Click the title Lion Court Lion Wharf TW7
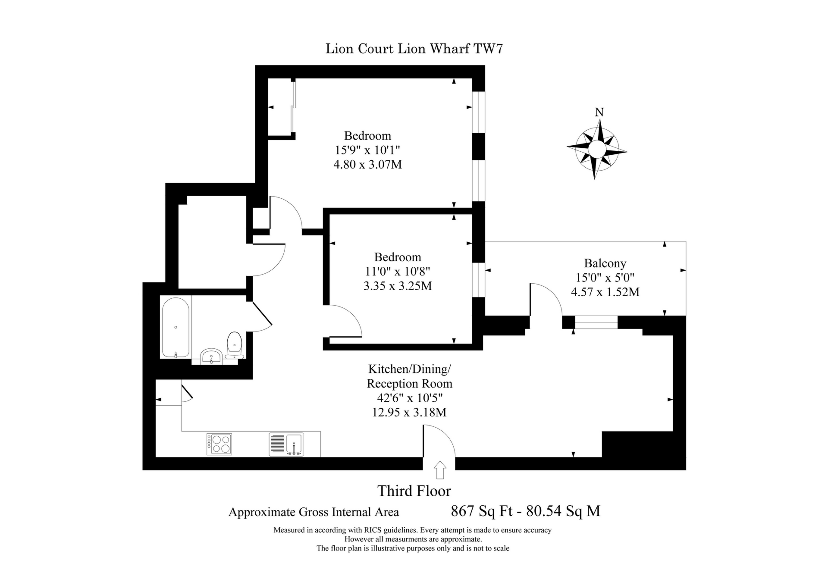point(414,49)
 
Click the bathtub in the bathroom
point(176,327)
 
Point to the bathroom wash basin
point(211,357)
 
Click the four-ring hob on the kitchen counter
point(219,444)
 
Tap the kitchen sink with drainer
point(286,444)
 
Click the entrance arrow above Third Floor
point(439,470)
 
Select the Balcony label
point(605,263)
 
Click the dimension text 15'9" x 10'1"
point(367,150)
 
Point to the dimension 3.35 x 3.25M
point(397,286)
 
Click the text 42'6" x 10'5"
point(409,397)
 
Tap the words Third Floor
point(414,491)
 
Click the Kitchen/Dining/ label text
point(409,369)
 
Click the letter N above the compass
point(599,113)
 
